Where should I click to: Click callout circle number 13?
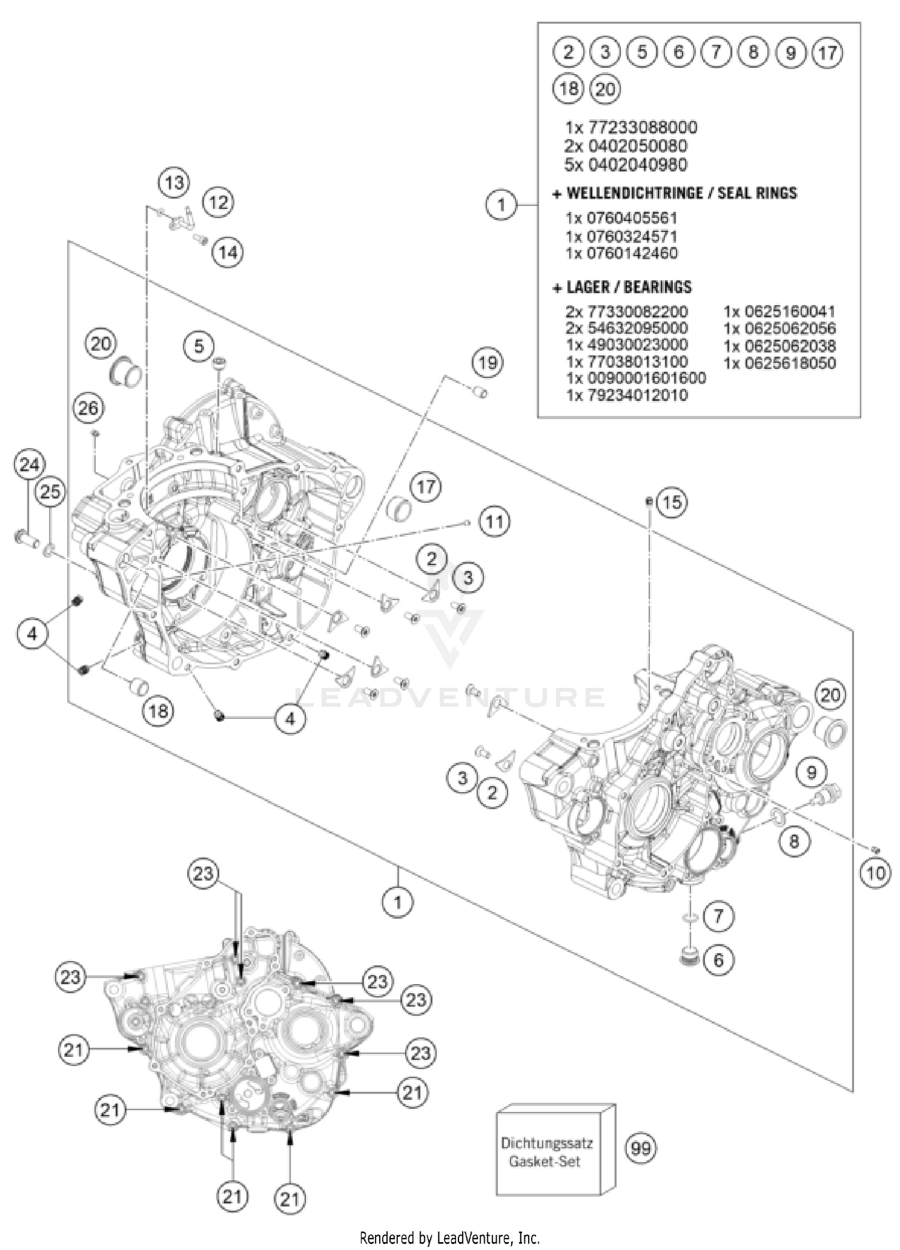click(x=174, y=182)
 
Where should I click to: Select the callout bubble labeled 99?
click(x=641, y=1149)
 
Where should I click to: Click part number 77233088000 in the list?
click(x=631, y=127)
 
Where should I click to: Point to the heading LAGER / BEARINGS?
click(x=622, y=287)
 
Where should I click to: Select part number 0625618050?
click(x=779, y=362)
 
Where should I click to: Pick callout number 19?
click(x=488, y=362)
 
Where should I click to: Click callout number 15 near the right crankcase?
click(x=672, y=502)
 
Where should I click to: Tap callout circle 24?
click(x=29, y=465)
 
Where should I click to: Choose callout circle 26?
click(x=88, y=409)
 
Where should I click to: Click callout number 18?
click(x=158, y=711)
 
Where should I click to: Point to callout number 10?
click(x=875, y=873)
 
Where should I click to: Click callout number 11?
click(x=494, y=521)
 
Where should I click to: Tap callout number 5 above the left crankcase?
click(x=199, y=346)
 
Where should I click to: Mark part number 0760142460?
click(x=622, y=253)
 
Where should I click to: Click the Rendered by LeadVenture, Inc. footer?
click(x=449, y=1237)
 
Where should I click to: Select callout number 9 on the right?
click(x=811, y=772)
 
